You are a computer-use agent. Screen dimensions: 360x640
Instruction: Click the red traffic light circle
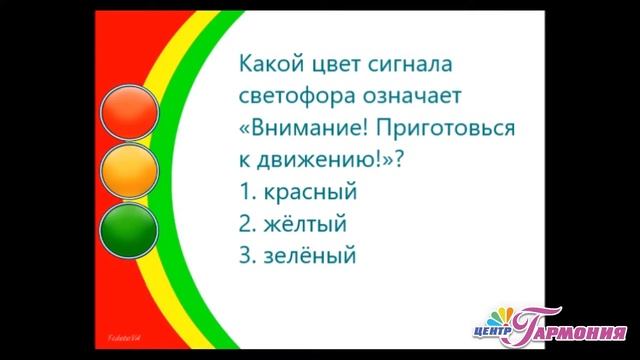pos(128,110)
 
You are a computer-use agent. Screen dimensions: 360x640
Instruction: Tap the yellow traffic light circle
pos(128,167)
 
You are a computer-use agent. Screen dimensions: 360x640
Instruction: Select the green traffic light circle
pos(128,224)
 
